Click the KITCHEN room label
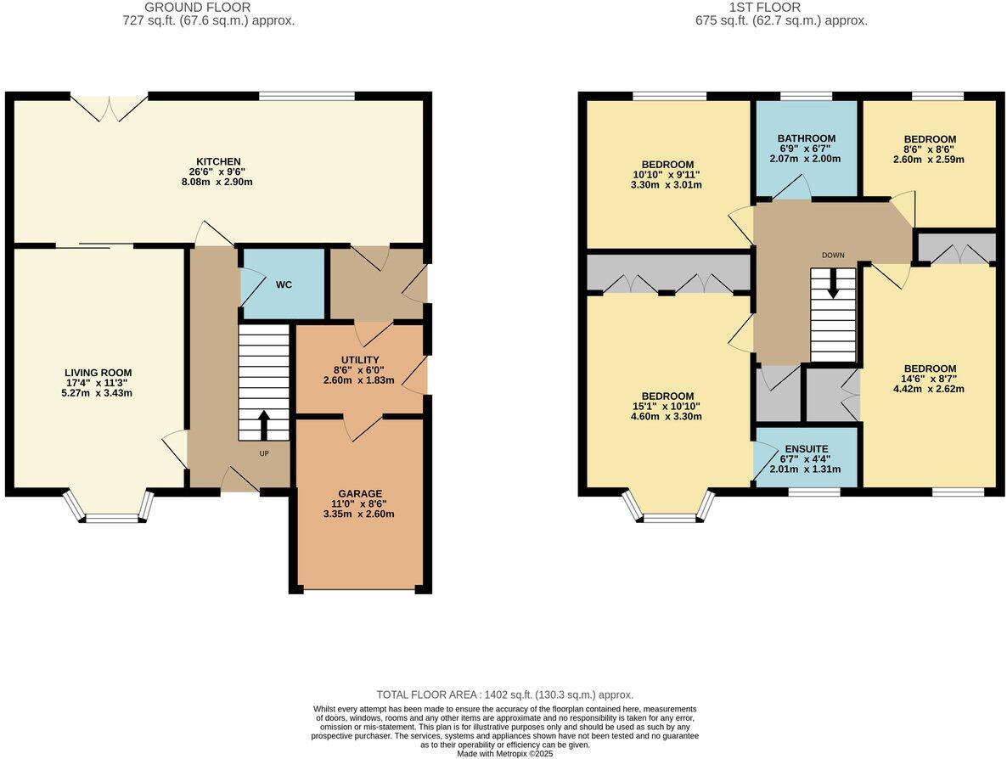pos(219,161)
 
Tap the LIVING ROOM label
pos(98,373)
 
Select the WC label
pos(284,284)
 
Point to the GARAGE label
pos(360,493)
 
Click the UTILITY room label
pos(360,360)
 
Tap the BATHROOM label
pos(806,138)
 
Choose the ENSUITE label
pos(806,448)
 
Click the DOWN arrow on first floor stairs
pos(833,284)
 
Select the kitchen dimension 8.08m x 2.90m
pos(219,182)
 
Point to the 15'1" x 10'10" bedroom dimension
pos(667,406)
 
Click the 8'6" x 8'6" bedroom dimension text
pos(929,149)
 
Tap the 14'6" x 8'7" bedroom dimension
pos(929,379)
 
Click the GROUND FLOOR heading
pos(197,8)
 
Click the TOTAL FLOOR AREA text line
pos(504,694)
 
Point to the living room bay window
pos(109,507)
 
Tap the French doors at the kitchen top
pos(109,107)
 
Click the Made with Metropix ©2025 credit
pos(504,753)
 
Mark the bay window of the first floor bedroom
pos(669,507)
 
